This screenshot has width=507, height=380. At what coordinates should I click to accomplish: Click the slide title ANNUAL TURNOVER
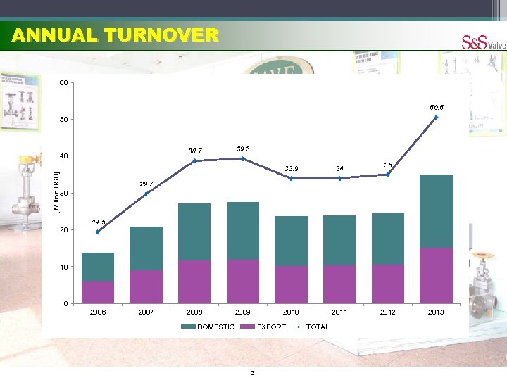click(115, 35)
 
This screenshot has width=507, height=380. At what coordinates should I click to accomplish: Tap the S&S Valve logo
click(483, 42)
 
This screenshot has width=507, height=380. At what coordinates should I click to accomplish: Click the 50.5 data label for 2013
click(437, 107)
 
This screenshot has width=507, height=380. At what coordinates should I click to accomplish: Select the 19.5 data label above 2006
click(98, 222)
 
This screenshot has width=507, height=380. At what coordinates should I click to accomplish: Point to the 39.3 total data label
click(243, 149)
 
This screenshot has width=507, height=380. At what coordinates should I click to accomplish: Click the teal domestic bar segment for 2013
click(436, 210)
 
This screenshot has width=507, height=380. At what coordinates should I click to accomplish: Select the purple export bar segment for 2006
click(98, 292)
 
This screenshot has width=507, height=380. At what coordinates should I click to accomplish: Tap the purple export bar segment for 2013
click(436, 275)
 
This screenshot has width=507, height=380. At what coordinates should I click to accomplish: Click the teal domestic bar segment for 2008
click(194, 232)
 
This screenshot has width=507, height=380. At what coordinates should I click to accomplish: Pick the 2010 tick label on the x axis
click(291, 312)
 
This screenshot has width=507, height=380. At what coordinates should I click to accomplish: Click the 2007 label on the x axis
click(146, 312)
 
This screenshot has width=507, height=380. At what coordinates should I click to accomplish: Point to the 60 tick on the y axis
click(64, 84)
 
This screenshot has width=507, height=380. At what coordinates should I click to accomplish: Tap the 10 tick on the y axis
click(64, 267)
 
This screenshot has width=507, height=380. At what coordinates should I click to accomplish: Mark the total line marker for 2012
click(387, 175)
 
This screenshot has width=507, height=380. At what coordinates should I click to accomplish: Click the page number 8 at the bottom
click(252, 372)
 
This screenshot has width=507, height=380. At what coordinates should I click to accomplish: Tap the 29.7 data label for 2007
click(146, 184)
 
